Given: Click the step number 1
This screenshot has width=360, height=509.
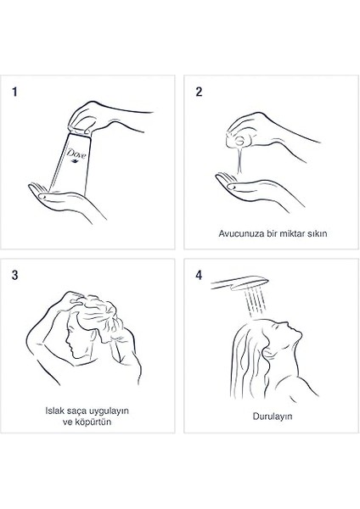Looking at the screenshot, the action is tap(14, 92).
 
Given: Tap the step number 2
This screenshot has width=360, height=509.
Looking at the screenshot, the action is tap(199, 92).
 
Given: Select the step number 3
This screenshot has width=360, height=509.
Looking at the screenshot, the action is tap(15, 275).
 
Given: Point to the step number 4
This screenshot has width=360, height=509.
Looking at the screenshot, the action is tap(199, 275).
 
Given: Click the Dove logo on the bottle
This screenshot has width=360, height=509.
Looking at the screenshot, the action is tap(76, 154).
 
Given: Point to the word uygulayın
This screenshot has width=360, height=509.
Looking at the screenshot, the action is tap(108, 411).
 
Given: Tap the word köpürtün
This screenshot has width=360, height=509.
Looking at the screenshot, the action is tap(93, 422).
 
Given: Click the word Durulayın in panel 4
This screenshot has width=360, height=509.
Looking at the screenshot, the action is tap(273, 417).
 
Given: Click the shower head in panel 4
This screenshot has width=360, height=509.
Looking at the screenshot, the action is tap(240, 283).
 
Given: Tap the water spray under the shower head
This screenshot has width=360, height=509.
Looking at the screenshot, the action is tap(256, 303).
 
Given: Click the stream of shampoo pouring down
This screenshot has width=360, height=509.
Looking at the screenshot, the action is tap(239, 161).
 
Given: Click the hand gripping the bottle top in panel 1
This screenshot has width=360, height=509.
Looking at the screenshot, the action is tap(107, 118).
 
